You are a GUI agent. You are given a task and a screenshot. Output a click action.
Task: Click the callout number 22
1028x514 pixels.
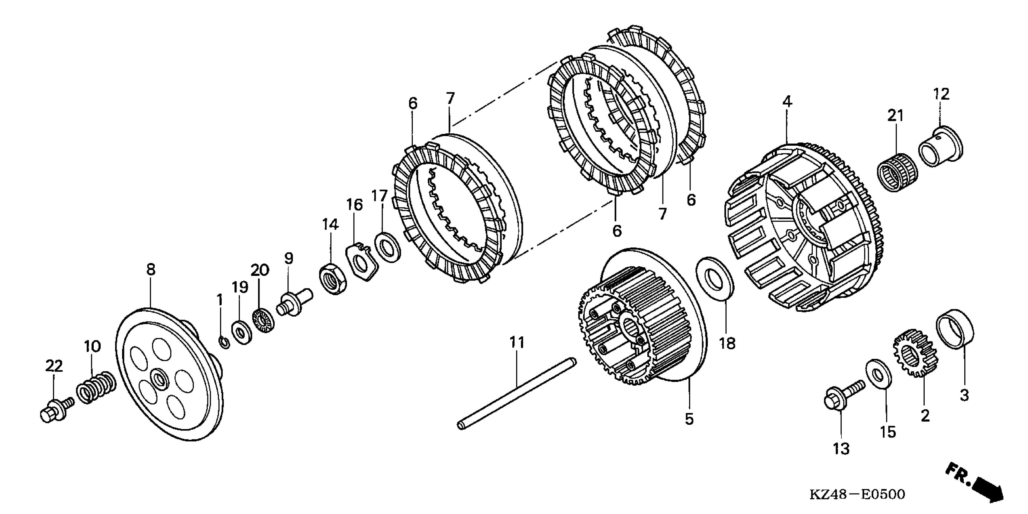coord(54,366)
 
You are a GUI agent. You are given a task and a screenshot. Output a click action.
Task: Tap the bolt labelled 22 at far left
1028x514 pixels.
coord(56,410)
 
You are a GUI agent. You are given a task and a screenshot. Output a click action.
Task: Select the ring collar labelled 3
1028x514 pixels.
coord(955,329)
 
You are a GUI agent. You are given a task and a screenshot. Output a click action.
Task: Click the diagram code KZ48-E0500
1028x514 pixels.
coord(857,494)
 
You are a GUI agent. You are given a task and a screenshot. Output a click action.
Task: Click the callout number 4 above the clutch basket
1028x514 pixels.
coord(787,102)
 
